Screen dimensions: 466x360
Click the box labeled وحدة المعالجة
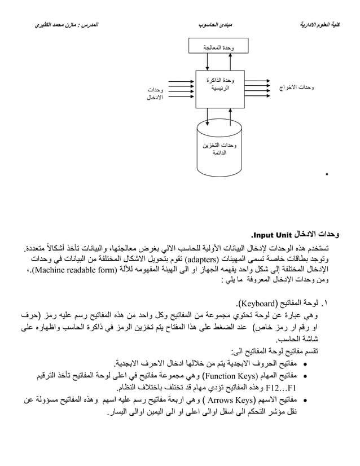pos(217,47)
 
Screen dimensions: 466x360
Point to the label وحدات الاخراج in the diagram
pos(297,89)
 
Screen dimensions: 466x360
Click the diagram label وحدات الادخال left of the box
pos(152,94)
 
